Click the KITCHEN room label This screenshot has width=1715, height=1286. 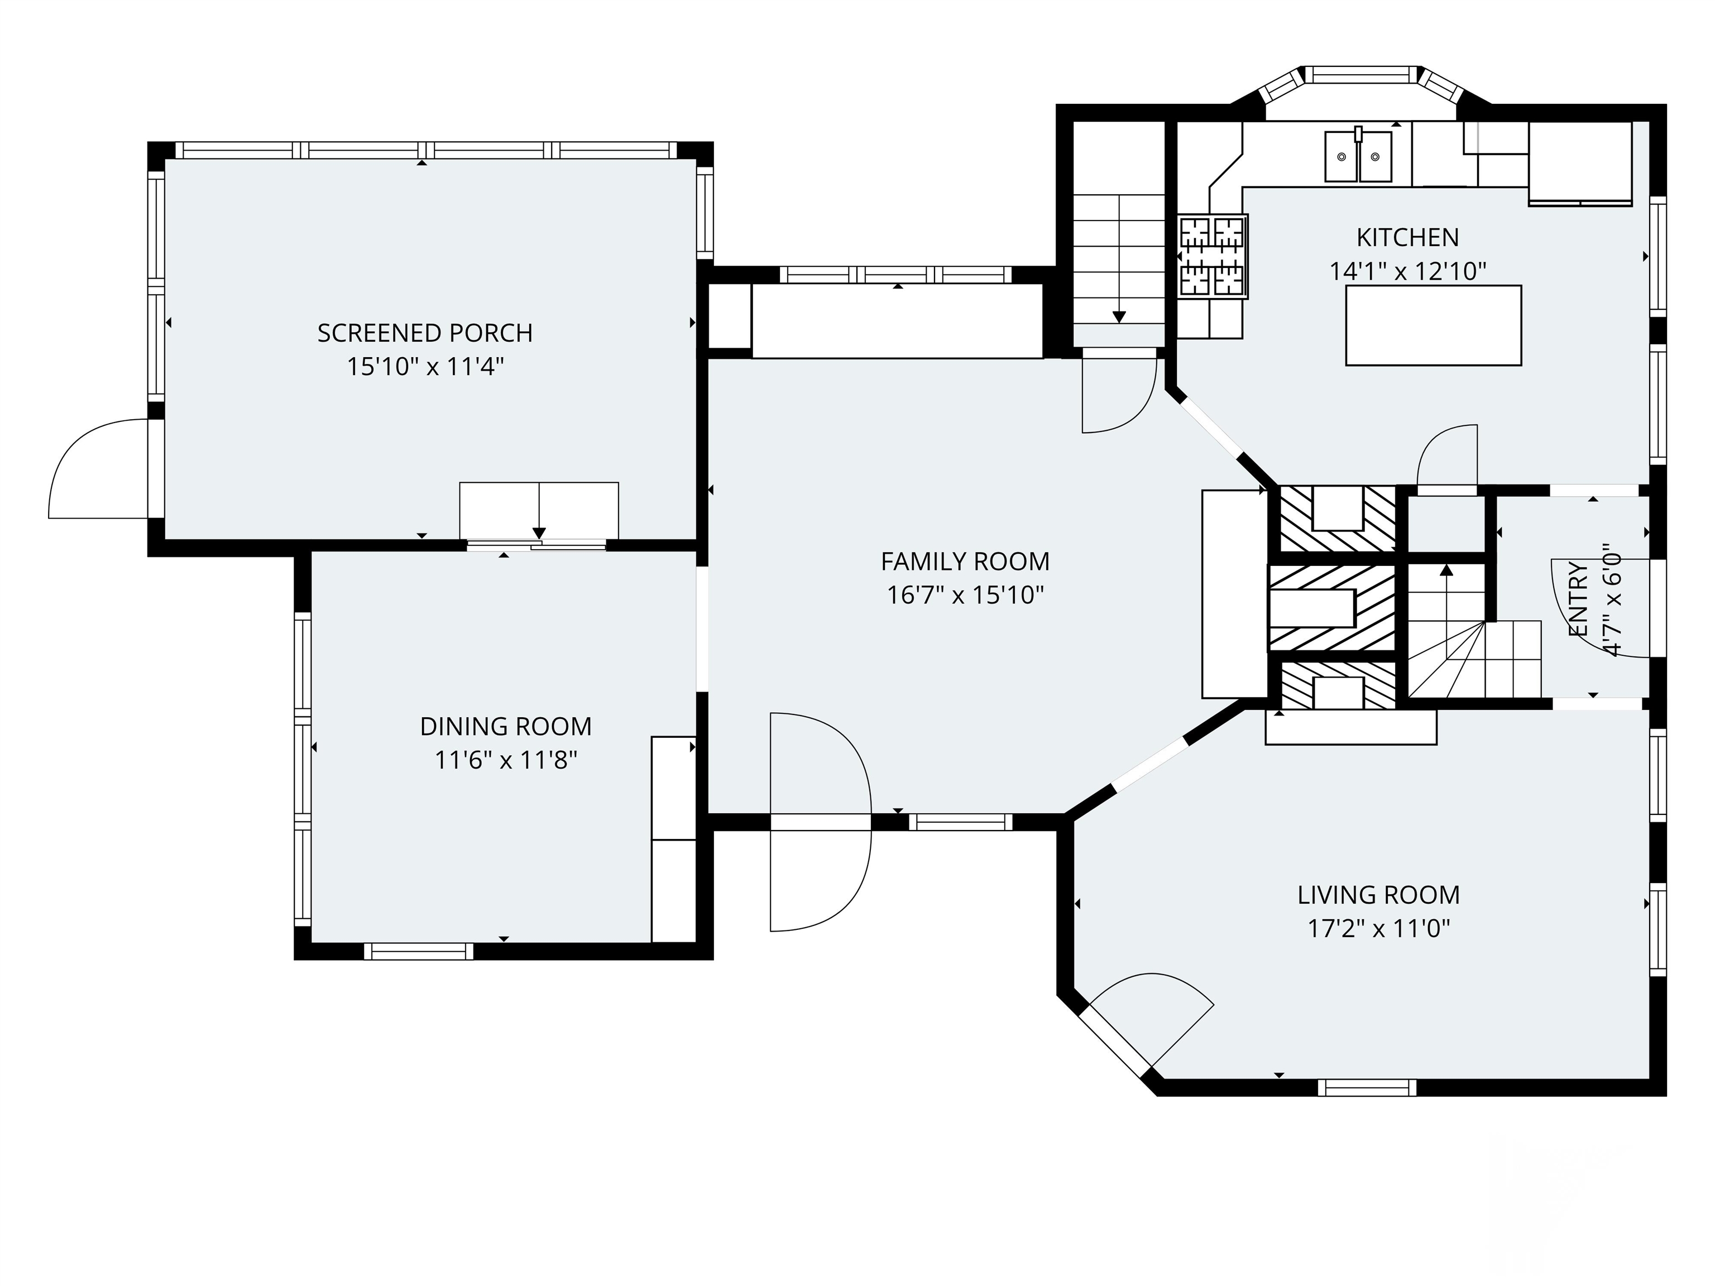pos(1407,237)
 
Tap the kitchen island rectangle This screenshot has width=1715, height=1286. pos(1433,325)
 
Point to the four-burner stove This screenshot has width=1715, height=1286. pos(1213,256)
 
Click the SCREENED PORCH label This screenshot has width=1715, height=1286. pos(425,333)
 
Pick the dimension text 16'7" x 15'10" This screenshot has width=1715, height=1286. pos(965,596)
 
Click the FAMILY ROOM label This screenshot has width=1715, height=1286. pos(965,561)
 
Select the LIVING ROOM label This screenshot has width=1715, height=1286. pos(1378,895)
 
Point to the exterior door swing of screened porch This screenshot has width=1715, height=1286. pos(97,469)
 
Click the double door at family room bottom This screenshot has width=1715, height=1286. pos(820,822)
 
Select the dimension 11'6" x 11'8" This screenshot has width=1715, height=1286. pos(505,760)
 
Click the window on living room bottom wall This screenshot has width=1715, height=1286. pos(1367,1087)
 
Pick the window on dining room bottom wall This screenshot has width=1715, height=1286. pos(419,951)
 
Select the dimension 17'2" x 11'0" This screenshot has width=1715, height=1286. pos(1378,929)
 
